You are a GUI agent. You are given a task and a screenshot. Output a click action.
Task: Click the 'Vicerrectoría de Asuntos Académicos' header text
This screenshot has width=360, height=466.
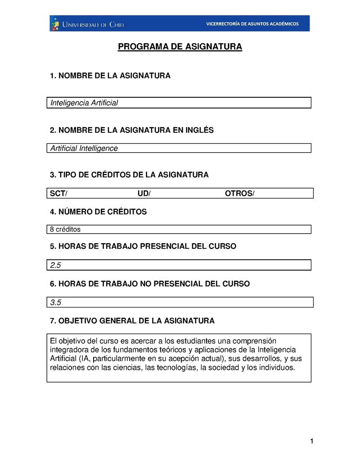(252, 24)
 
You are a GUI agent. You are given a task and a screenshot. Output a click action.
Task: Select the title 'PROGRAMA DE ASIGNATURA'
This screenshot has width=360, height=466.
(180, 47)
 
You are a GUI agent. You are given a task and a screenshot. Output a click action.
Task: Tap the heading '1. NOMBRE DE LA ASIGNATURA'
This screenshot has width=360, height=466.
(110, 76)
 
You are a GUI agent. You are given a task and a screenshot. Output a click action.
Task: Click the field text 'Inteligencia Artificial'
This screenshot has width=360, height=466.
(84, 103)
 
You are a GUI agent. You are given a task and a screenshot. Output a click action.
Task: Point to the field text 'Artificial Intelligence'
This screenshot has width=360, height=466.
(84, 148)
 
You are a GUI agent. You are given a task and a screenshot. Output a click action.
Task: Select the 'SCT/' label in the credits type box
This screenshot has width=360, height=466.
(58, 194)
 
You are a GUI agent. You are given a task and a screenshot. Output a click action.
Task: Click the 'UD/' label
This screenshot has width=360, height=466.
(144, 194)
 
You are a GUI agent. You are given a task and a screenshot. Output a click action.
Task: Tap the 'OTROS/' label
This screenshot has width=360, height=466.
(239, 194)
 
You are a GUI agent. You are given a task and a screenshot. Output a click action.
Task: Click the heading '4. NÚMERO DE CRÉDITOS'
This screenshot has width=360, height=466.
(98, 212)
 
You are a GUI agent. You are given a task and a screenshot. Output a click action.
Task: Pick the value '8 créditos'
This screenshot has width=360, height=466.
(65, 230)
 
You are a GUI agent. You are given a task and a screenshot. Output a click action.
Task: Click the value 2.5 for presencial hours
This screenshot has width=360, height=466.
(56, 266)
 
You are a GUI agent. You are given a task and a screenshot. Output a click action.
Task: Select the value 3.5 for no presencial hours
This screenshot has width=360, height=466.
(56, 303)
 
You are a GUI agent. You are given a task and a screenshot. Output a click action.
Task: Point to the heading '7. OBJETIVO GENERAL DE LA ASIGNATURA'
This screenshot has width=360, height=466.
(132, 321)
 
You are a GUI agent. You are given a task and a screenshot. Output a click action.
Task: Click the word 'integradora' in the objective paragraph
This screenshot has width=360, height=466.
(67, 350)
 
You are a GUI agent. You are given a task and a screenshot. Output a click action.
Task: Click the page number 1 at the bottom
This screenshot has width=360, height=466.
(311, 442)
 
